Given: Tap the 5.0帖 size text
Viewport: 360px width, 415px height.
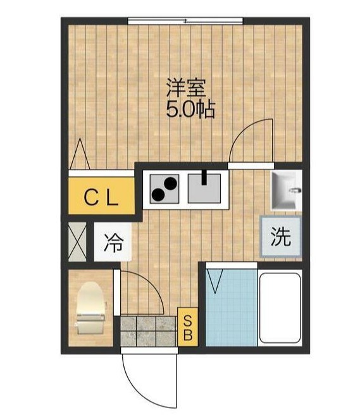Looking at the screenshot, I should pyautogui.click(x=190, y=110).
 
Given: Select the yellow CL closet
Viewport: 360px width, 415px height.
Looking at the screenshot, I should pyautogui.click(x=102, y=198).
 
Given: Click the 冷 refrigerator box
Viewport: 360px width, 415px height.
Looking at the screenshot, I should pyautogui.click(x=114, y=241).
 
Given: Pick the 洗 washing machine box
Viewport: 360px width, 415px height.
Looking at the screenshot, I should pyautogui.click(x=280, y=236).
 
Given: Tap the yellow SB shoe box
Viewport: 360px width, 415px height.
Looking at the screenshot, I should pyautogui.click(x=188, y=326).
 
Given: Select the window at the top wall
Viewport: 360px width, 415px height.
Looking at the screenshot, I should pyautogui.click(x=185, y=22).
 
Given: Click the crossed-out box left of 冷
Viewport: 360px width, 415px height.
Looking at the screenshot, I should pyautogui.click(x=78, y=241).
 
